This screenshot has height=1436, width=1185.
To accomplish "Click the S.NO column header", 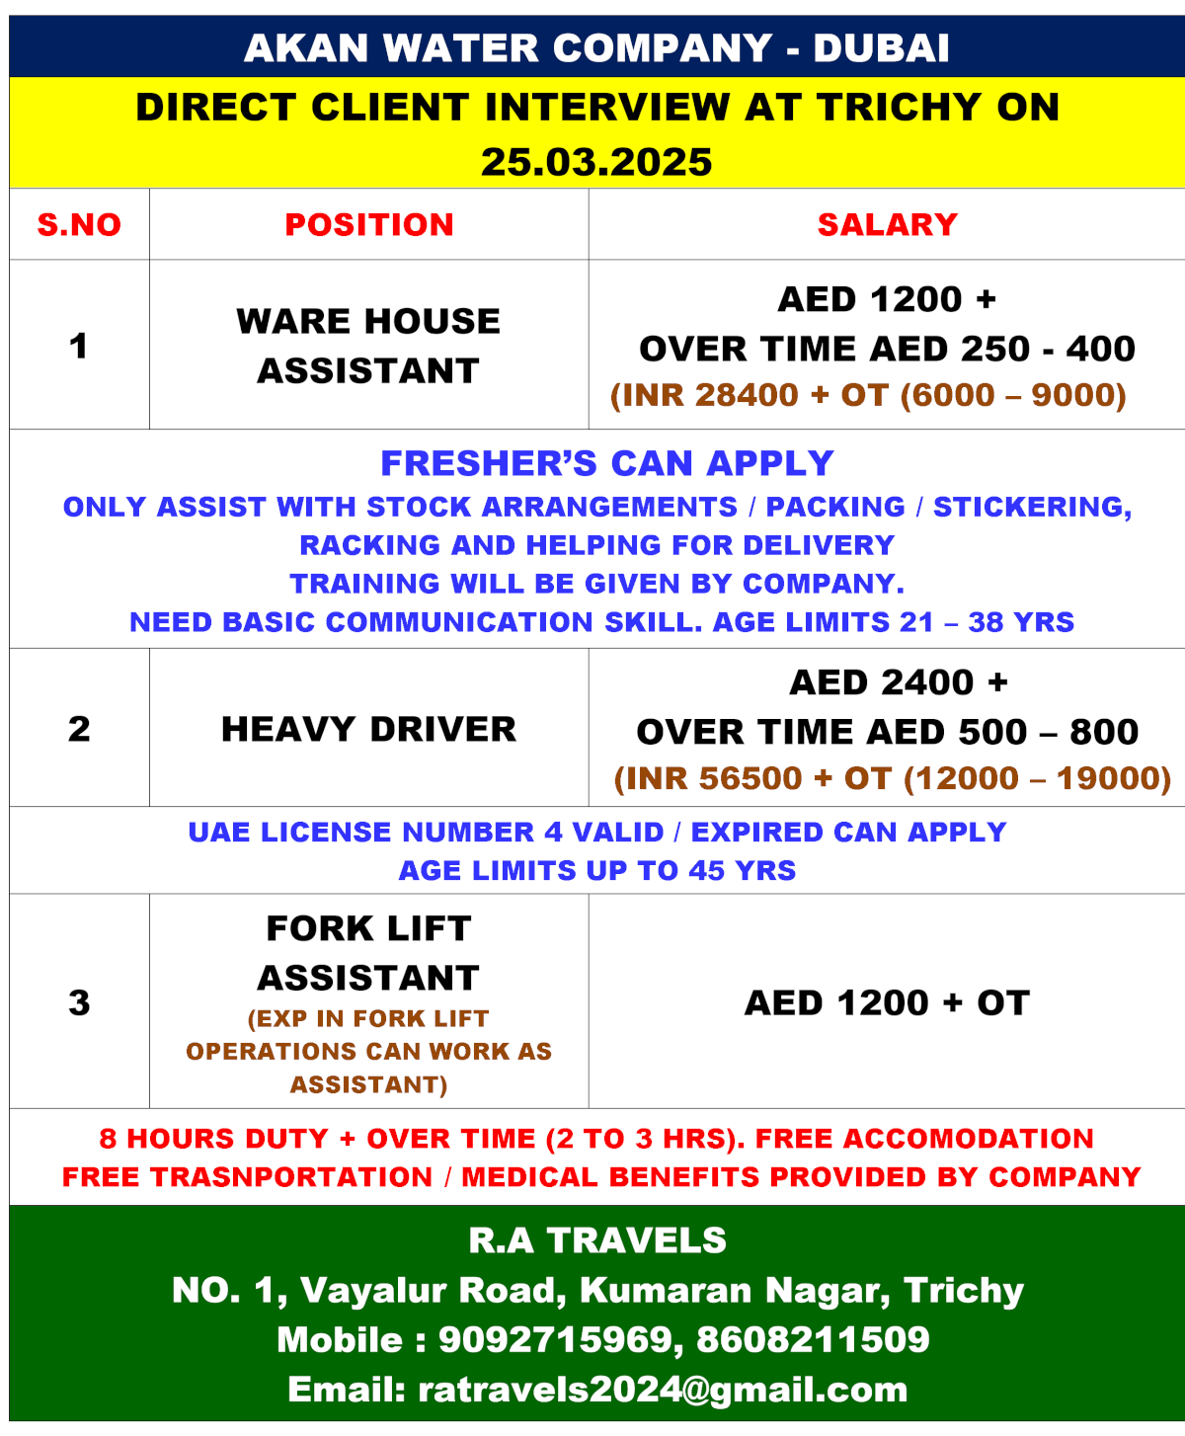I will coord(79,225).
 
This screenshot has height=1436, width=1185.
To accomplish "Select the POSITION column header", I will coord(369,225).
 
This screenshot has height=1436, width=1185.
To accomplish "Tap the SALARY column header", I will coord(887,225).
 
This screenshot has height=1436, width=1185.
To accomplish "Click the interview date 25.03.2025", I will coord(596,162).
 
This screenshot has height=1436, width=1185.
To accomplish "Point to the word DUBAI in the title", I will coord(881,47).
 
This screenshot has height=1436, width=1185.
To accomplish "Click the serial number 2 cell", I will coord(79,729).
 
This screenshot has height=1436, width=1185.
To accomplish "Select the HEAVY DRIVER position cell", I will coord(369,729).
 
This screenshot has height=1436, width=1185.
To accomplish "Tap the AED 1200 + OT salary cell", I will coord(887,1002).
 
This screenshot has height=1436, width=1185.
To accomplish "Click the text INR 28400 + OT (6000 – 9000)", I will coord(869,395).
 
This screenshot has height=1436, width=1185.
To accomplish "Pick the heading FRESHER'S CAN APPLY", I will coord(607,463).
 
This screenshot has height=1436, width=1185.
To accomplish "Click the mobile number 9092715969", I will coord(555,1340).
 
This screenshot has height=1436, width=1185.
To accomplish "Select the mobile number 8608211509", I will coord(813,1340).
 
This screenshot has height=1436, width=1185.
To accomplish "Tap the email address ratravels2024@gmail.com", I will coord(663,1390).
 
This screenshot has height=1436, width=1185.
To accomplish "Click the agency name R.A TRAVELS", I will coord(596,1240).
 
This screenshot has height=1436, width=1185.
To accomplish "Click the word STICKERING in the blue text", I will coord(1032,507).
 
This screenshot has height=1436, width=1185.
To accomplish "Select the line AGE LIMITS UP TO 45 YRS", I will coord(596,870).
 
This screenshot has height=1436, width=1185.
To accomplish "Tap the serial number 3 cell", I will coord(79,1002).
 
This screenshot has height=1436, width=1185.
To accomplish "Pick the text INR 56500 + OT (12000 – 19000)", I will coord(893,778).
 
